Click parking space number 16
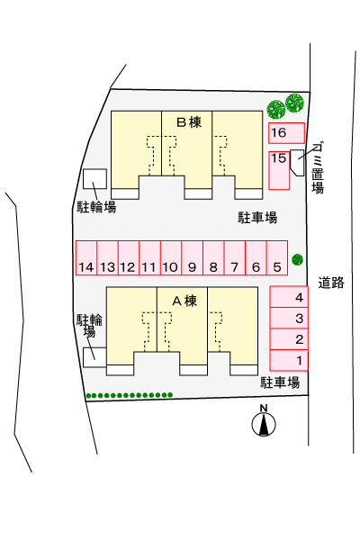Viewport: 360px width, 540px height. click(x=286, y=133)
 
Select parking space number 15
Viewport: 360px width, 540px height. click(x=279, y=170)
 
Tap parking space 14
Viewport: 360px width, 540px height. click(x=86, y=257)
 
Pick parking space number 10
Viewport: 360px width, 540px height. click(x=171, y=257)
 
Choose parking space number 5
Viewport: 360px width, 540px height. click(x=277, y=257)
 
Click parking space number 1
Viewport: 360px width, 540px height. click(x=289, y=360)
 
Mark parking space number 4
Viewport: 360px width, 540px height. click(x=289, y=297)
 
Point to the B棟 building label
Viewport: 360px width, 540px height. click(x=189, y=122)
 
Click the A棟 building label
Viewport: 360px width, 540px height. click(x=184, y=301)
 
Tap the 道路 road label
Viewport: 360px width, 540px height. click(x=331, y=283)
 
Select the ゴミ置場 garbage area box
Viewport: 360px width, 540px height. click(x=297, y=163)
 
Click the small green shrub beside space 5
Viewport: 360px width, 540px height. click(x=297, y=259)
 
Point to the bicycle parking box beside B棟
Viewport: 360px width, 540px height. click(x=94, y=179)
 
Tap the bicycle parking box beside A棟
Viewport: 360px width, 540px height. click(x=94, y=357)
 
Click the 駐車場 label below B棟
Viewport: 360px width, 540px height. click(x=257, y=218)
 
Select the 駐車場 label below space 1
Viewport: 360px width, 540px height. click(x=280, y=382)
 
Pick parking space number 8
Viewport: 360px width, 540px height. click(x=213, y=257)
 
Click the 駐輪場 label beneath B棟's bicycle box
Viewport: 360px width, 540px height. click(x=96, y=207)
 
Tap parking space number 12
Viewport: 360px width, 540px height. click(x=129, y=257)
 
